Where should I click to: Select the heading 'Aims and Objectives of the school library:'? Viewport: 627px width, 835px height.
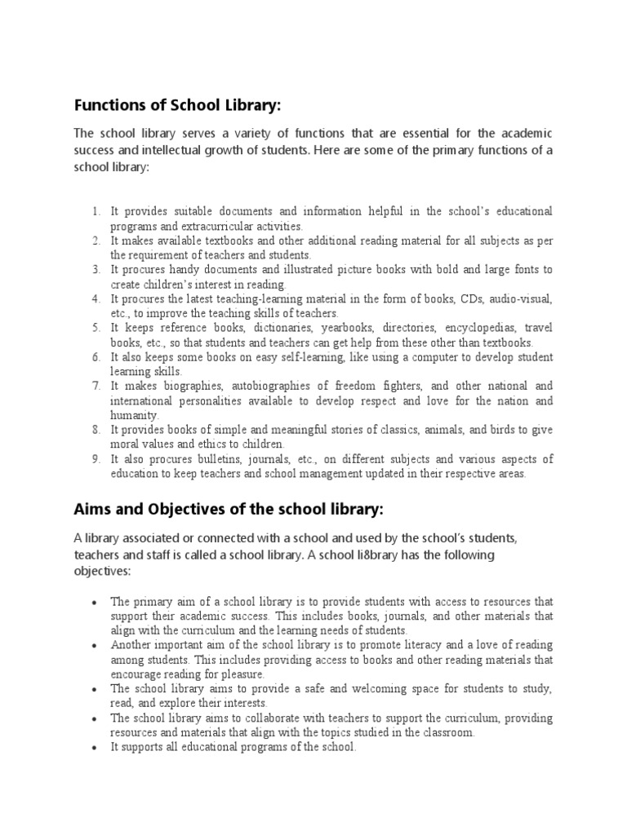tap(229, 510)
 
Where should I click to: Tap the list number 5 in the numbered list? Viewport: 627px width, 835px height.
tap(96, 329)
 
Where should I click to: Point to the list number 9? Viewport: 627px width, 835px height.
tap(96, 459)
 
